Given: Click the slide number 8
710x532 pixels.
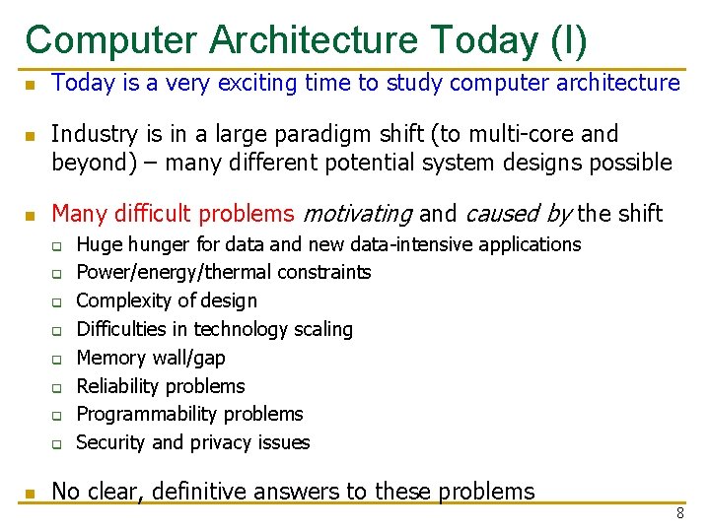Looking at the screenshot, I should pyautogui.click(x=679, y=513).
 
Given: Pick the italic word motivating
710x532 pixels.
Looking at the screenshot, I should pyautogui.click(x=357, y=214).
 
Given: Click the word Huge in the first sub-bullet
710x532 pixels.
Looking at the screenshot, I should pyautogui.click(x=97, y=244).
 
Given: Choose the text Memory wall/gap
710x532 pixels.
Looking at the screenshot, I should pyautogui.click(x=150, y=358).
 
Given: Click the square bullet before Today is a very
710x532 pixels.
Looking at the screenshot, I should pyautogui.click(x=30, y=85).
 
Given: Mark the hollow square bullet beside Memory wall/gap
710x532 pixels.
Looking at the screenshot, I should pyautogui.click(x=58, y=359).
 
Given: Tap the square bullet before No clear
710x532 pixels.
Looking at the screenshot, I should pyautogui.click(x=30, y=493).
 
